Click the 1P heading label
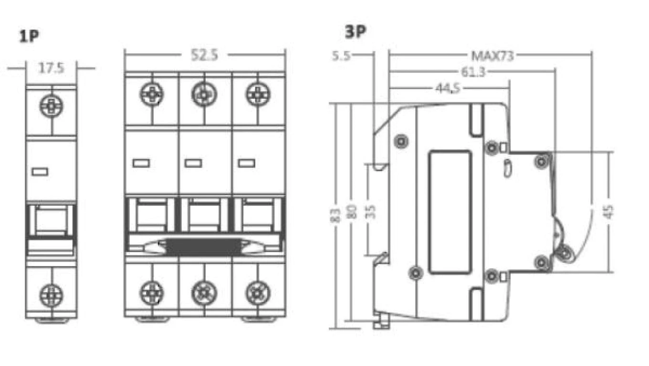click(x=29, y=36)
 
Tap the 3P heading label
click(x=356, y=31)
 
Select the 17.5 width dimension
click(x=51, y=69)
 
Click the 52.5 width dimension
click(x=204, y=55)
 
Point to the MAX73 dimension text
click(x=492, y=56)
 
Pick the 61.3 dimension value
click(x=473, y=72)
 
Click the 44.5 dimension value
click(x=448, y=88)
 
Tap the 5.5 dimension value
click(x=341, y=56)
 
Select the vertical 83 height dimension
click(x=335, y=215)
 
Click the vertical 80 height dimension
click(x=351, y=212)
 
